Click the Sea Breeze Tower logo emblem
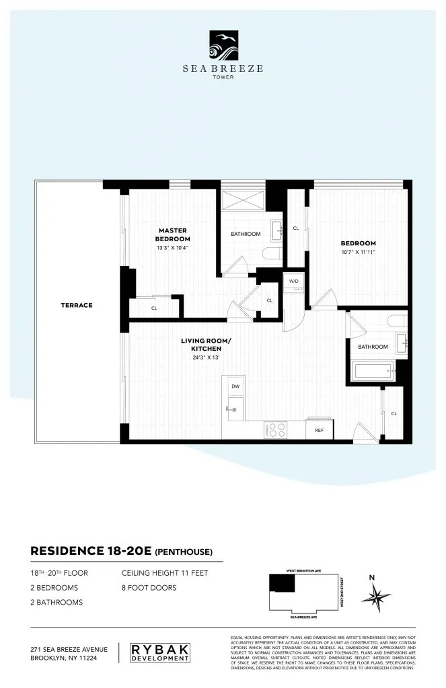[222, 46]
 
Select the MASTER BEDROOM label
[172, 234]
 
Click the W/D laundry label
[294, 280]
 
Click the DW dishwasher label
[235, 387]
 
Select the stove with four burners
[276, 429]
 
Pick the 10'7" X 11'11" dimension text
[358, 253]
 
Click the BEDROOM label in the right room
[358, 243]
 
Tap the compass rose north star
[376, 595]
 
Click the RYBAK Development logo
[159, 653]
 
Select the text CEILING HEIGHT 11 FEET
[165, 574]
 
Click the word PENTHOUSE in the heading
[184, 553]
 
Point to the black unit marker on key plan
[282, 583]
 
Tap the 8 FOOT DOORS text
[149, 588]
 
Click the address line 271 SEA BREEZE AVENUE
[69, 649]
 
